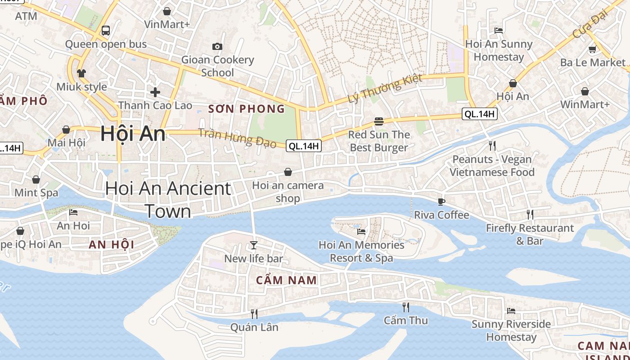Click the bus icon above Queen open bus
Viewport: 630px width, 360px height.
106,31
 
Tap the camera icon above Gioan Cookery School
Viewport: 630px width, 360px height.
217,46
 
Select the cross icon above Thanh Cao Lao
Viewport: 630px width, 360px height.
155,92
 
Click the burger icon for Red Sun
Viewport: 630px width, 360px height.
378,121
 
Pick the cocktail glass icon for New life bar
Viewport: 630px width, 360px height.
254,245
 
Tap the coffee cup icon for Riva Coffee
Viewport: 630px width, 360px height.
441,202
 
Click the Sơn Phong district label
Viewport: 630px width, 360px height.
247,109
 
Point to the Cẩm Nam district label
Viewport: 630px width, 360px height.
287,280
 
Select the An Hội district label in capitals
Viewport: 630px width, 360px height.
112,245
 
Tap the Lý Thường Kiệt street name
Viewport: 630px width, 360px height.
385,88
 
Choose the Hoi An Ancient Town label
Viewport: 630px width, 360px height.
168,199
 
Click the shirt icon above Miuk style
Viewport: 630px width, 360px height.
81,73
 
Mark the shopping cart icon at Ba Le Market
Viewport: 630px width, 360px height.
593,49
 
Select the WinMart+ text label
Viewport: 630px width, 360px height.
585,104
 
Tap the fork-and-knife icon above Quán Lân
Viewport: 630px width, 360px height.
254,314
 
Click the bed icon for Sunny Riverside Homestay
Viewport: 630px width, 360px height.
511,310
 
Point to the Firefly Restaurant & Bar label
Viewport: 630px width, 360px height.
530,234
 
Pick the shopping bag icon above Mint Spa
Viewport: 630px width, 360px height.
36,180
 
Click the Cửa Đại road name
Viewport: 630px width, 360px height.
590,24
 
